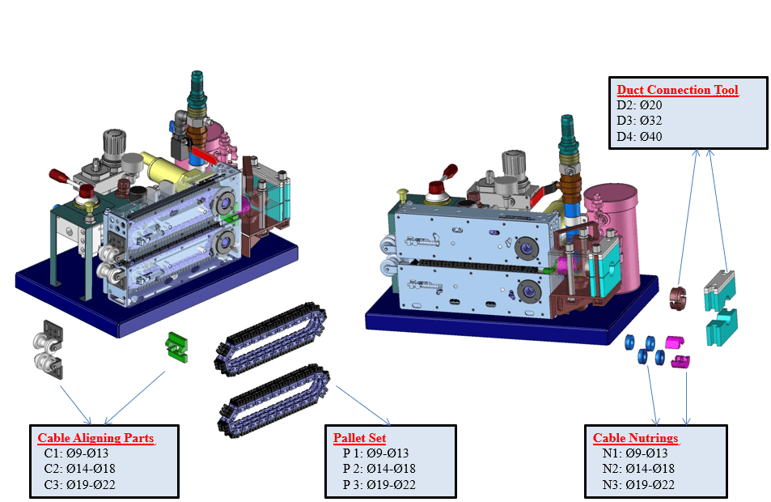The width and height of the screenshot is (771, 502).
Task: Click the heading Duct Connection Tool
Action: pyautogui.click(x=677, y=90)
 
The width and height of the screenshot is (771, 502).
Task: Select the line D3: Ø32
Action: pyautogui.click(x=639, y=121)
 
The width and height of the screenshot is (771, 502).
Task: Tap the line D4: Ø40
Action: pyautogui.click(x=639, y=136)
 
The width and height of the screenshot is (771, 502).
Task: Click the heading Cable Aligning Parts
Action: pyautogui.click(x=95, y=438)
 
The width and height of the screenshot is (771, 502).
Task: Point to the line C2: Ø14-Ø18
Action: pyautogui.click(x=76, y=469)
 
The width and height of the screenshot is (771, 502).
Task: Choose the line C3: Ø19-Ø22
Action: pyautogui.click(x=76, y=484)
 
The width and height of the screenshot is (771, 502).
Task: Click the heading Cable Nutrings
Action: pyautogui.click(x=635, y=438)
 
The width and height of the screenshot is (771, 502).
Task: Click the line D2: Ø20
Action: pyautogui.click(x=639, y=105)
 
